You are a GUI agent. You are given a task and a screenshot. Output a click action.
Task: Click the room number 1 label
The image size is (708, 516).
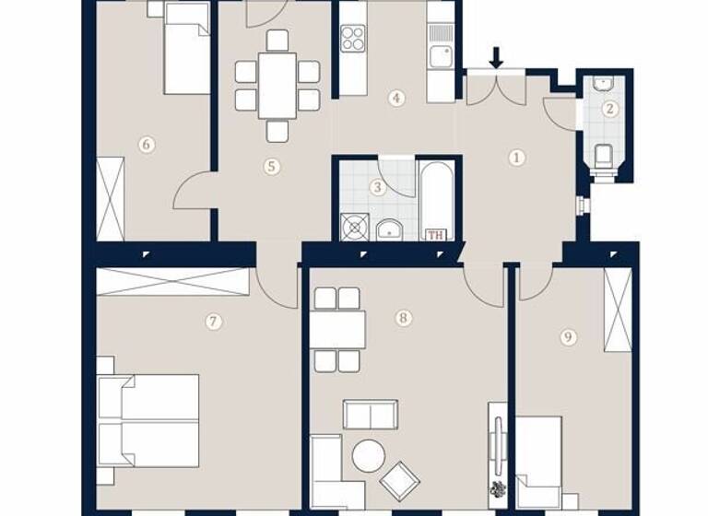pos(516,158)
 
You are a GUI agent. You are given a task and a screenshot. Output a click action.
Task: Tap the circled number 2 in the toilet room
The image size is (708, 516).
pos(608,109)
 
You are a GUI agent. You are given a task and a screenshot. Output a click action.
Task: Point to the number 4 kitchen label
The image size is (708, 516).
pos(396,98)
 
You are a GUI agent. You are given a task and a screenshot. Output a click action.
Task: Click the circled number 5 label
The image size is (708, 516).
pos(271,167)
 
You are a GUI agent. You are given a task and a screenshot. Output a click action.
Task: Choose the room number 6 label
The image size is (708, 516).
pos(146,144)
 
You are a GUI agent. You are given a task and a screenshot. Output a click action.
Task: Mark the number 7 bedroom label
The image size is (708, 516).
pos(213,322)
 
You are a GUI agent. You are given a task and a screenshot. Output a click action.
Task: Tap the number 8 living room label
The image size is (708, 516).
pos(403,318)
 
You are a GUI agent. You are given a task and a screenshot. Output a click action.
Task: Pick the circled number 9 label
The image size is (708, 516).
pos(567,337)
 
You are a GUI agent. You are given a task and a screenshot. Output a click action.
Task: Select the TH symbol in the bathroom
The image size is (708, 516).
pos(435,234)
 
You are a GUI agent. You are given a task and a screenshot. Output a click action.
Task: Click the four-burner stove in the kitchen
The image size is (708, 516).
pos(353,38)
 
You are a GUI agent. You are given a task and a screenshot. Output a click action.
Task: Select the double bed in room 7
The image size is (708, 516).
pos(149,419)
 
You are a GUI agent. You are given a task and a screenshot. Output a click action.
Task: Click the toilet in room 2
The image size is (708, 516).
pos(605,158)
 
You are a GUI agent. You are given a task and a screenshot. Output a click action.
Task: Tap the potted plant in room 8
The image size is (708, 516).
pos(498,489)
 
